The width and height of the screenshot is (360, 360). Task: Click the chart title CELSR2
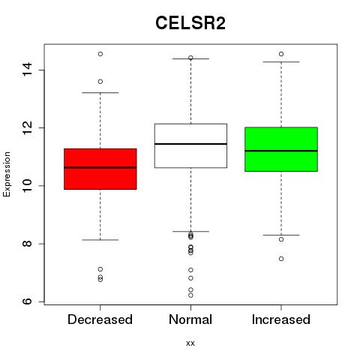coord(190,22)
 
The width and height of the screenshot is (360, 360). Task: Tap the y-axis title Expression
coord(7,174)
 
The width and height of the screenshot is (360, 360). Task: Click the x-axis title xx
coord(190,343)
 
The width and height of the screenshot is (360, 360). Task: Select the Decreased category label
coord(100,319)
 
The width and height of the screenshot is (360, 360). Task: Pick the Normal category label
coord(190,319)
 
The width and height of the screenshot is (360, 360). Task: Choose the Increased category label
coord(281,319)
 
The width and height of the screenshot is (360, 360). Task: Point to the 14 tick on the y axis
coord(27,70)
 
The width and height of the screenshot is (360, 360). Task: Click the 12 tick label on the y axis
coord(27,127)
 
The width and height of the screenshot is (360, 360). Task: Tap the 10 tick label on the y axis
coord(27,186)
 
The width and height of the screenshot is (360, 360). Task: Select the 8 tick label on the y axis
coord(27,244)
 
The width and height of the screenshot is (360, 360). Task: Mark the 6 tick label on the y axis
coord(27,301)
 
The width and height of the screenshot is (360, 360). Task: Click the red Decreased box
coord(100,169)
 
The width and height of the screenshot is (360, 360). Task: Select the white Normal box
coord(190,145)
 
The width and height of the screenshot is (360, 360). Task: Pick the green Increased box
coord(281,149)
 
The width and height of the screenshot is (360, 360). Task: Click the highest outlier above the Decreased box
coord(100,54)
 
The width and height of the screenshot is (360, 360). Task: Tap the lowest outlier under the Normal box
coord(190,295)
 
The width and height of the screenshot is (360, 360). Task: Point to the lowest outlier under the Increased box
coord(281,259)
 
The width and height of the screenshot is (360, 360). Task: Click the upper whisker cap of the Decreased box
coord(100,93)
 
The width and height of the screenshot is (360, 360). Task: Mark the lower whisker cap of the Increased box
coord(281,235)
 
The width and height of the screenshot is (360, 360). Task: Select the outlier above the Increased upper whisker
coord(281,54)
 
